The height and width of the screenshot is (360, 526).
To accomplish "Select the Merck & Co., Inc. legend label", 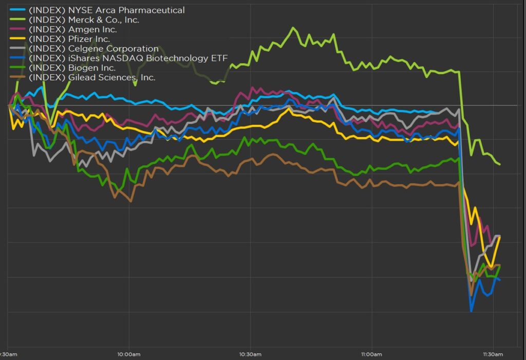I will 84,20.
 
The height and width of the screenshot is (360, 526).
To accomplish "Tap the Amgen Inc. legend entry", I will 72,29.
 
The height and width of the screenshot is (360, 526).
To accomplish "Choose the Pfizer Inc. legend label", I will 70,39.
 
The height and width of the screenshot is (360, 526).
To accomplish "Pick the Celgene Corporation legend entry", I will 93,49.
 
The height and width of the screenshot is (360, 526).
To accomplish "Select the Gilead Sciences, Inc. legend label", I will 92,78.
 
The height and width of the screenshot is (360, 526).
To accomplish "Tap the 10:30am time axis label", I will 250,354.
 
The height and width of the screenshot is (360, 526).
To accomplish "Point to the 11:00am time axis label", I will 371,354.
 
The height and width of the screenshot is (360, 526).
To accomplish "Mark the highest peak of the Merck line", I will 294,28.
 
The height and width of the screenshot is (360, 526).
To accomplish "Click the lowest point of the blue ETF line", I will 471,311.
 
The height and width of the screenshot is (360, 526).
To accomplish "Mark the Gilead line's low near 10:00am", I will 130,201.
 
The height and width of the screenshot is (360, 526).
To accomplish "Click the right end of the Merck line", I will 500,164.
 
